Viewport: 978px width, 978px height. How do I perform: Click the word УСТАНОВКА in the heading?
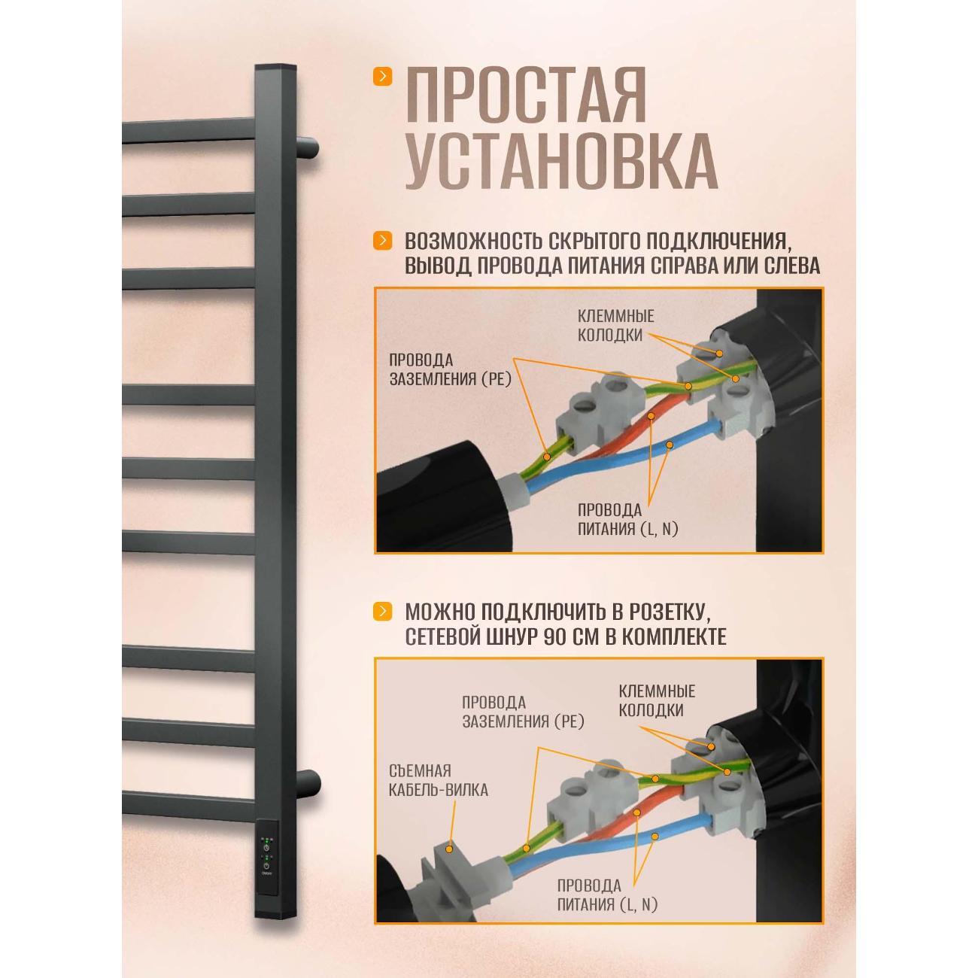coord(560,162)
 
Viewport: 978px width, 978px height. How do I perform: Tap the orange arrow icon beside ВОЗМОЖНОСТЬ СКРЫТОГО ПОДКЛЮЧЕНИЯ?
coord(383,241)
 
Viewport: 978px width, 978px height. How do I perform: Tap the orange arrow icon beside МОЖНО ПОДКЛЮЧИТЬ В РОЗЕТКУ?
coord(383,611)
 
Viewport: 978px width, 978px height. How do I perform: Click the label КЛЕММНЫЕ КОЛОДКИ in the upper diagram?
coord(615,326)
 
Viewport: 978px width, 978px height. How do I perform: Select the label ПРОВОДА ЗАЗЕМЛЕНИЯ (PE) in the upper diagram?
coord(450,369)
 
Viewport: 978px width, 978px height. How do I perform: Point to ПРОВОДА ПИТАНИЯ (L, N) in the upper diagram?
coord(627,519)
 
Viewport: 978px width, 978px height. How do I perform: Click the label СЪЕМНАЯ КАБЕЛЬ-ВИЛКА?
coord(439,780)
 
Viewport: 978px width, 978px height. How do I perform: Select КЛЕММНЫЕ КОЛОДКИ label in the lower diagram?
coord(656,700)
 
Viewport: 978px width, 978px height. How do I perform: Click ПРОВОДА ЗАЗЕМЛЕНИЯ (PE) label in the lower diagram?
coord(523,712)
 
